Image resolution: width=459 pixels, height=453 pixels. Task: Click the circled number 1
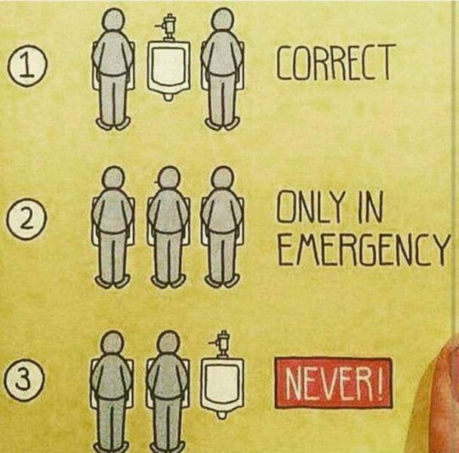pos(27,67)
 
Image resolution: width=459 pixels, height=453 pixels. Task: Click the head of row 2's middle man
pos(166,179)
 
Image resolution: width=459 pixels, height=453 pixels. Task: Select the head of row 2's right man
pos(220,178)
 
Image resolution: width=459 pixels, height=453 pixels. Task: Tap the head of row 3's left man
pos(111,344)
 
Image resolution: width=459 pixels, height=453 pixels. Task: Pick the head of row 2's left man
pos(112,179)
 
